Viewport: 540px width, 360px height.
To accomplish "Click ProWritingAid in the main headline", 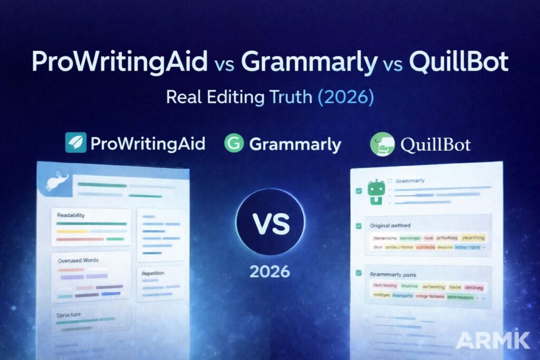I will click(119, 63).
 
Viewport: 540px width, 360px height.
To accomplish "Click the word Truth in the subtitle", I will click(292, 98).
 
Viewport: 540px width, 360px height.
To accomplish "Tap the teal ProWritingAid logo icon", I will click(75, 142).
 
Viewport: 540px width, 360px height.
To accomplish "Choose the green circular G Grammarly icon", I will click(234, 143).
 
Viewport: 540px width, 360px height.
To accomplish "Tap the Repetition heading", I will click(153, 274).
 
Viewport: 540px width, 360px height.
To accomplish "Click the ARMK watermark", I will click(493, 340).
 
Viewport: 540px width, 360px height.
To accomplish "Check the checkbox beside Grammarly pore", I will click(359, 274).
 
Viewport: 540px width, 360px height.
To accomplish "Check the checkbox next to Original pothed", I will click(359, 225).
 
